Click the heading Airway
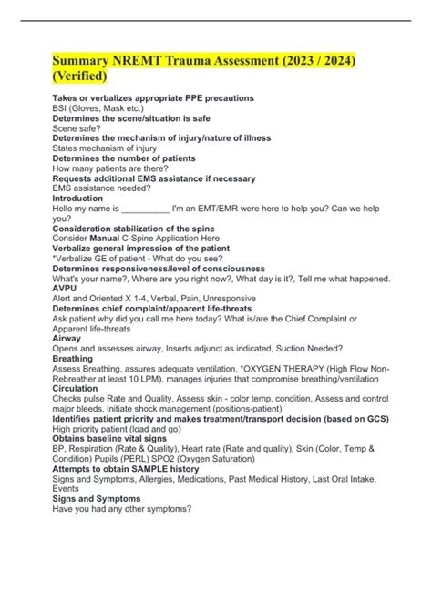[x=67, y=338]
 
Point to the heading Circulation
[x=78, y=387]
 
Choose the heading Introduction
[x=78, y=199]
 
